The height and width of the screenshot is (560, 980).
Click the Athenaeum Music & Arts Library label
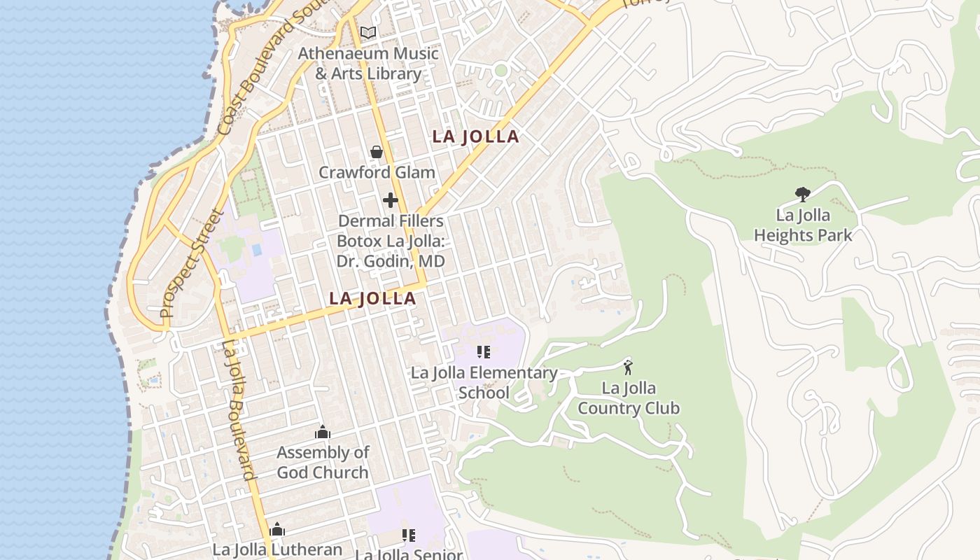click(368, 63)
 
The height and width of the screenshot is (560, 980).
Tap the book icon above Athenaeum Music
click(368, 32)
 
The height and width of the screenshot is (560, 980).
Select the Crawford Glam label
click(377, 172)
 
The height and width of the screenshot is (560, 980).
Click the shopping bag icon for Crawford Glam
click(377, 152)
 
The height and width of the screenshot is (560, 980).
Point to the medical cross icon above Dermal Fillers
click(391, 201)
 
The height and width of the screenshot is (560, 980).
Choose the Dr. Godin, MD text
click(391, 261)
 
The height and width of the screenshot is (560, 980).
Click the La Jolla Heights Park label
click(803, 225)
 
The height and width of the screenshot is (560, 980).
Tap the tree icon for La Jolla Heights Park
click(803, 194)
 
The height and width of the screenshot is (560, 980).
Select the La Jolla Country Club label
click(629, 398)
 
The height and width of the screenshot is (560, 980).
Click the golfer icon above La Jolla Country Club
click(628, 367)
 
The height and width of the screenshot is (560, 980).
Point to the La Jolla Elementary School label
click(484, 382)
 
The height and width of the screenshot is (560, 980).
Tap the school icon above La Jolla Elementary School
click(484, 351)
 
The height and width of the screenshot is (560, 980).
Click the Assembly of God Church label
click(323, 462)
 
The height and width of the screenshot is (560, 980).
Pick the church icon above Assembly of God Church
click(323, 432)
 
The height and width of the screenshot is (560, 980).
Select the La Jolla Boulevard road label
click(238, 409)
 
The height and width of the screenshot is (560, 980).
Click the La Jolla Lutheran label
click(277, 549)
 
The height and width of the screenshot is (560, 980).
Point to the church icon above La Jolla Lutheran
click(277, 529)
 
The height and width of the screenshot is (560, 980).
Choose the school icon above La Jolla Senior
click(409, 535)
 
